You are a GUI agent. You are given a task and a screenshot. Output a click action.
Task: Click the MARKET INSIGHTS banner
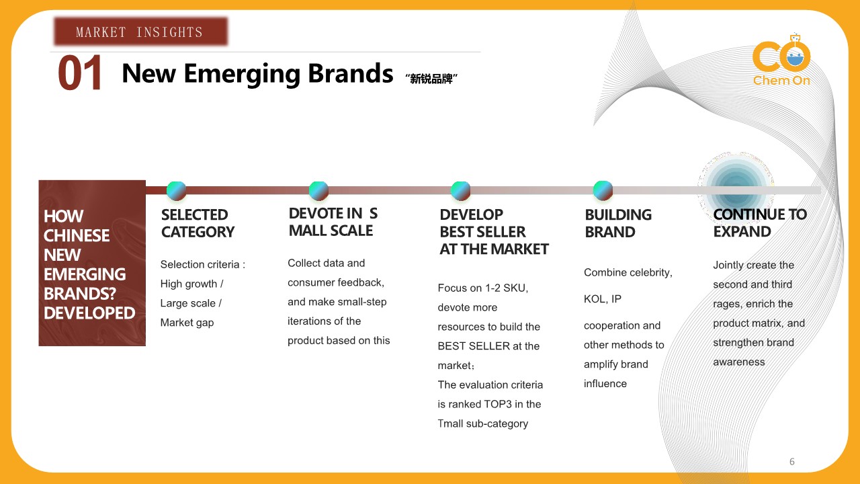tap(140, 32)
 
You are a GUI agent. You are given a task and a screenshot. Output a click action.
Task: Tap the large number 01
tap(80, 73)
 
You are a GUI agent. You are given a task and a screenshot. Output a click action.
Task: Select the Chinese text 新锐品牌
tap(431, 79)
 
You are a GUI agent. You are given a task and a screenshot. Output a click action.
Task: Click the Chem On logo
tap(781, 61)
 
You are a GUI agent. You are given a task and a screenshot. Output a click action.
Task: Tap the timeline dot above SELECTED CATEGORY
tap(177, 190)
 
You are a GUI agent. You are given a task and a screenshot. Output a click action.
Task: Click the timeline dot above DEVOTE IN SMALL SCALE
tap(318, 190)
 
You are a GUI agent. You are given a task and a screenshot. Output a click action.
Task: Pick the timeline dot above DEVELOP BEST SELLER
tap(461, 190)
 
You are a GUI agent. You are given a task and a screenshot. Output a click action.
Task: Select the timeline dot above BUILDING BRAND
tap(603, 190)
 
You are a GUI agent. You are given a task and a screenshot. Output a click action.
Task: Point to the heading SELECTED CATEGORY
tap(198, 223)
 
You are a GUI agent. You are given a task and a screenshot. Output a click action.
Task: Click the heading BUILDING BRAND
tap(618, 223)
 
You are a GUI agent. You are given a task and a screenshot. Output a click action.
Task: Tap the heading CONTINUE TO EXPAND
tap(760, 223)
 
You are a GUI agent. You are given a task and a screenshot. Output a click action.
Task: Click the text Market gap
tap(187, 323)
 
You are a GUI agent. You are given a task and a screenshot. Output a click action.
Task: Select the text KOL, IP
tap(603, 299)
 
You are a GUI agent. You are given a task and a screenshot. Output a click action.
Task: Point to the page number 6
tap(792, 461)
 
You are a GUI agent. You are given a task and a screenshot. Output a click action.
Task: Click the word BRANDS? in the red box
tap(80, 294)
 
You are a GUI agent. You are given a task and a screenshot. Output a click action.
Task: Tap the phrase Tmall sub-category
tap(483, 424)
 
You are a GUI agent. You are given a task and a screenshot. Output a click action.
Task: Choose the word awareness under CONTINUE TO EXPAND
tap(738, 362)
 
